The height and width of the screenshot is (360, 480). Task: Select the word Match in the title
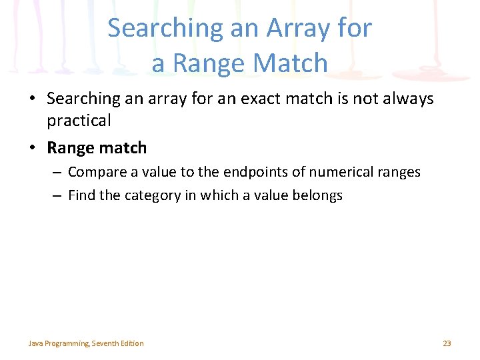click(x=294, y=64)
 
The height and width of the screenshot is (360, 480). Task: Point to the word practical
click(x=79, y=121)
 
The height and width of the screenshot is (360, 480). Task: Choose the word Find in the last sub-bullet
click(x=82, y=195)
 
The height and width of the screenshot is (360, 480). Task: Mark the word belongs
click(x=318, y=195)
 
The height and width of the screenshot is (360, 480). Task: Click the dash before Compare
click(x=57, y=173)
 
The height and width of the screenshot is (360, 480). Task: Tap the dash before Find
click(x=57, y=195)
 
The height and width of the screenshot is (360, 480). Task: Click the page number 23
click(x=447, y=343)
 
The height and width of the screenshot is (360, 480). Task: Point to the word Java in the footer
click(x=35, y=343)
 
